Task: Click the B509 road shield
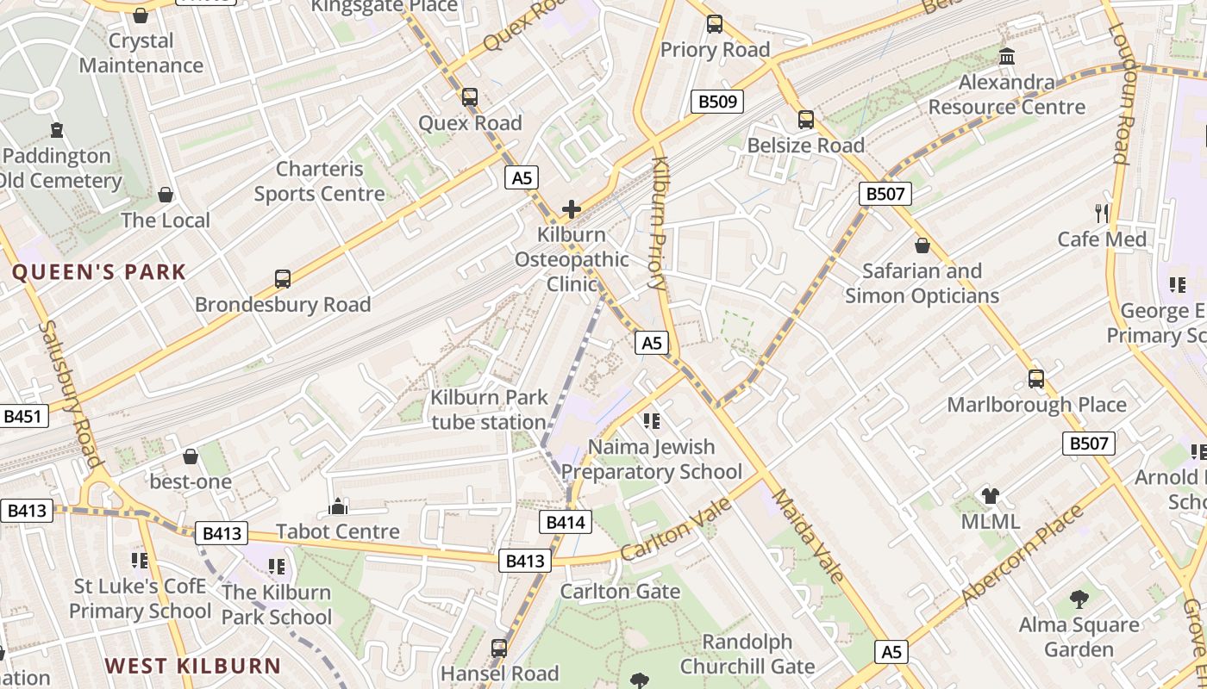click(x=717, y=102)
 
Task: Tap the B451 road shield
click(x=22, y=417)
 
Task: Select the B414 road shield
click(x=566, y=522)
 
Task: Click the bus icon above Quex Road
click(x=470, y=97)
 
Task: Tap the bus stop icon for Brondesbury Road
click(x=283, y=279)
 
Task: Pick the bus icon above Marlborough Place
click(x=1036, y=379)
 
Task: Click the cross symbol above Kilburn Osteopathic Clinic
click(x=571, y=209)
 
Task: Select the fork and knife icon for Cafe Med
click(x=1102, y=214)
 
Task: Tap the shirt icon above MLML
click(x=991, y=496)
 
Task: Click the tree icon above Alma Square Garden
click(x=1079, y=599)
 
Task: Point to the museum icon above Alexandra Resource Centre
click(x=1006, y=57)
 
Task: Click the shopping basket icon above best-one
click(x=191, y=456)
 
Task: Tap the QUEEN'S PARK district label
click(x=98, y=273)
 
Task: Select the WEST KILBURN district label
click(x=193, y=666)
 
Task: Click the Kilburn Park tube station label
click(x=490, y=410)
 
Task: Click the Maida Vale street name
click(x=808, y=536)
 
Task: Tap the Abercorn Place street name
click(x=1023, y=556)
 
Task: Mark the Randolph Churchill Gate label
click(x=747, y=655)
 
